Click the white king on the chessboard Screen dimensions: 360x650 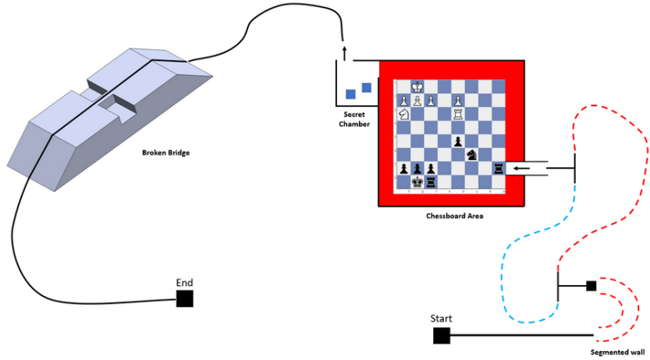click(x=418, y=87)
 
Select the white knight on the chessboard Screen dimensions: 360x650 click(x=403, y=114)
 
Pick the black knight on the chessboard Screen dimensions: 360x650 click(x=472, y=155)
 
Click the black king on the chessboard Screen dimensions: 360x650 click(x=417, y=182)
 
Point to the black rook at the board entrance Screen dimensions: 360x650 click(x=499, y=168)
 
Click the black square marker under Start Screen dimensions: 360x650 click(x=441, y=336)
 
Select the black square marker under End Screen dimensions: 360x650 click(x=184, y=298)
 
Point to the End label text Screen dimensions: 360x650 click(x=184, y=283)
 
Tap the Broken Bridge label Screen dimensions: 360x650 click(x=166, y=153)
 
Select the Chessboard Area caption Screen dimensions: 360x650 click(x=454, y=216)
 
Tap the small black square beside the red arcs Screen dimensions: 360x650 click(x=591, y=286)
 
